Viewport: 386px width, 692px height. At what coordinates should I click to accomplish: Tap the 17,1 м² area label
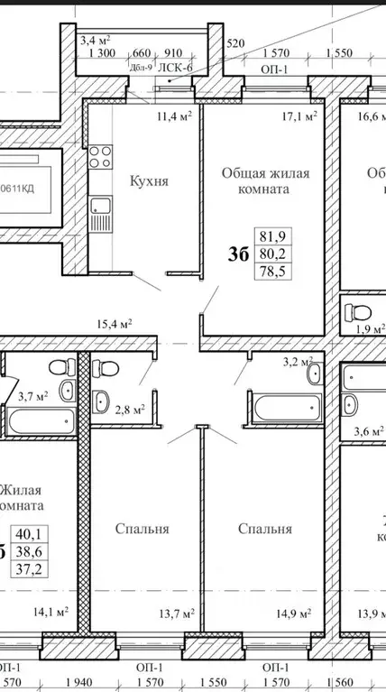tap(299, 116)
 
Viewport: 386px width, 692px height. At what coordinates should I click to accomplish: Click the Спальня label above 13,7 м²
tap(142, 530)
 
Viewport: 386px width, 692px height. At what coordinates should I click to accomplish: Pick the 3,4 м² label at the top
tap(94, 39)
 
